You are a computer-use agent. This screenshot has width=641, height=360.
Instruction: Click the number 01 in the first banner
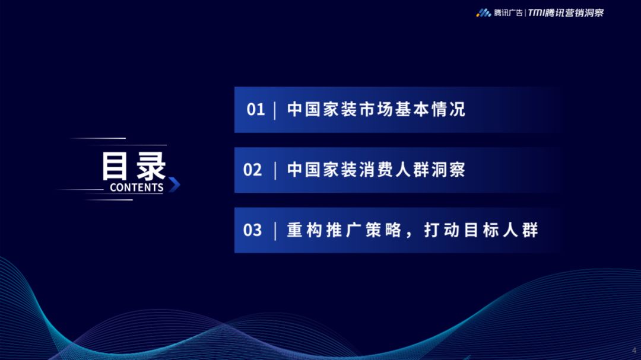[255, 110]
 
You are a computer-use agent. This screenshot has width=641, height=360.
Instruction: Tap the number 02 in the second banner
[252, 170]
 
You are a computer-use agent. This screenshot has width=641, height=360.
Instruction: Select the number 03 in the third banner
[252, 230]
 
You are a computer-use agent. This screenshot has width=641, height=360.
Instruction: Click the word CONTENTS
[137, 187]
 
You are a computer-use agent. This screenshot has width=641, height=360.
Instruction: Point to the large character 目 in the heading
[115, 166]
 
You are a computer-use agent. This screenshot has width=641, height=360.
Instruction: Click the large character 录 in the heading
[151, 166]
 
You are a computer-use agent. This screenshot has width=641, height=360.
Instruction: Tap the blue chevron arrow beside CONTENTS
[174, 184]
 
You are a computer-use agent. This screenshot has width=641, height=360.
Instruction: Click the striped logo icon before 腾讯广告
[484, 13]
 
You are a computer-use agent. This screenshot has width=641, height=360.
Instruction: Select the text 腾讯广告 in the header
[508, 13]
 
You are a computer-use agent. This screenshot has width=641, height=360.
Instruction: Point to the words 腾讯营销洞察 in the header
[574, 13]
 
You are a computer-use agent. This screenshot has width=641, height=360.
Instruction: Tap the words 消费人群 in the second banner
[394, 170]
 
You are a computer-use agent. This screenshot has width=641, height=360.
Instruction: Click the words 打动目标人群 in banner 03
[481, 230]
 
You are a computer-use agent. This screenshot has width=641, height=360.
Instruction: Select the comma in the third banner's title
[410, 235]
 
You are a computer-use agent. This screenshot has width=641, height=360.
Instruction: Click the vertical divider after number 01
[275, 110]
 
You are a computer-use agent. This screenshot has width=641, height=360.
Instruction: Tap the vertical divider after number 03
[275, 231]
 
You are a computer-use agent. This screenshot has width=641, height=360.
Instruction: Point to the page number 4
[634, 351]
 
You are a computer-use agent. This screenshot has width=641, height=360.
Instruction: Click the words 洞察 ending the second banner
[448, 170]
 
